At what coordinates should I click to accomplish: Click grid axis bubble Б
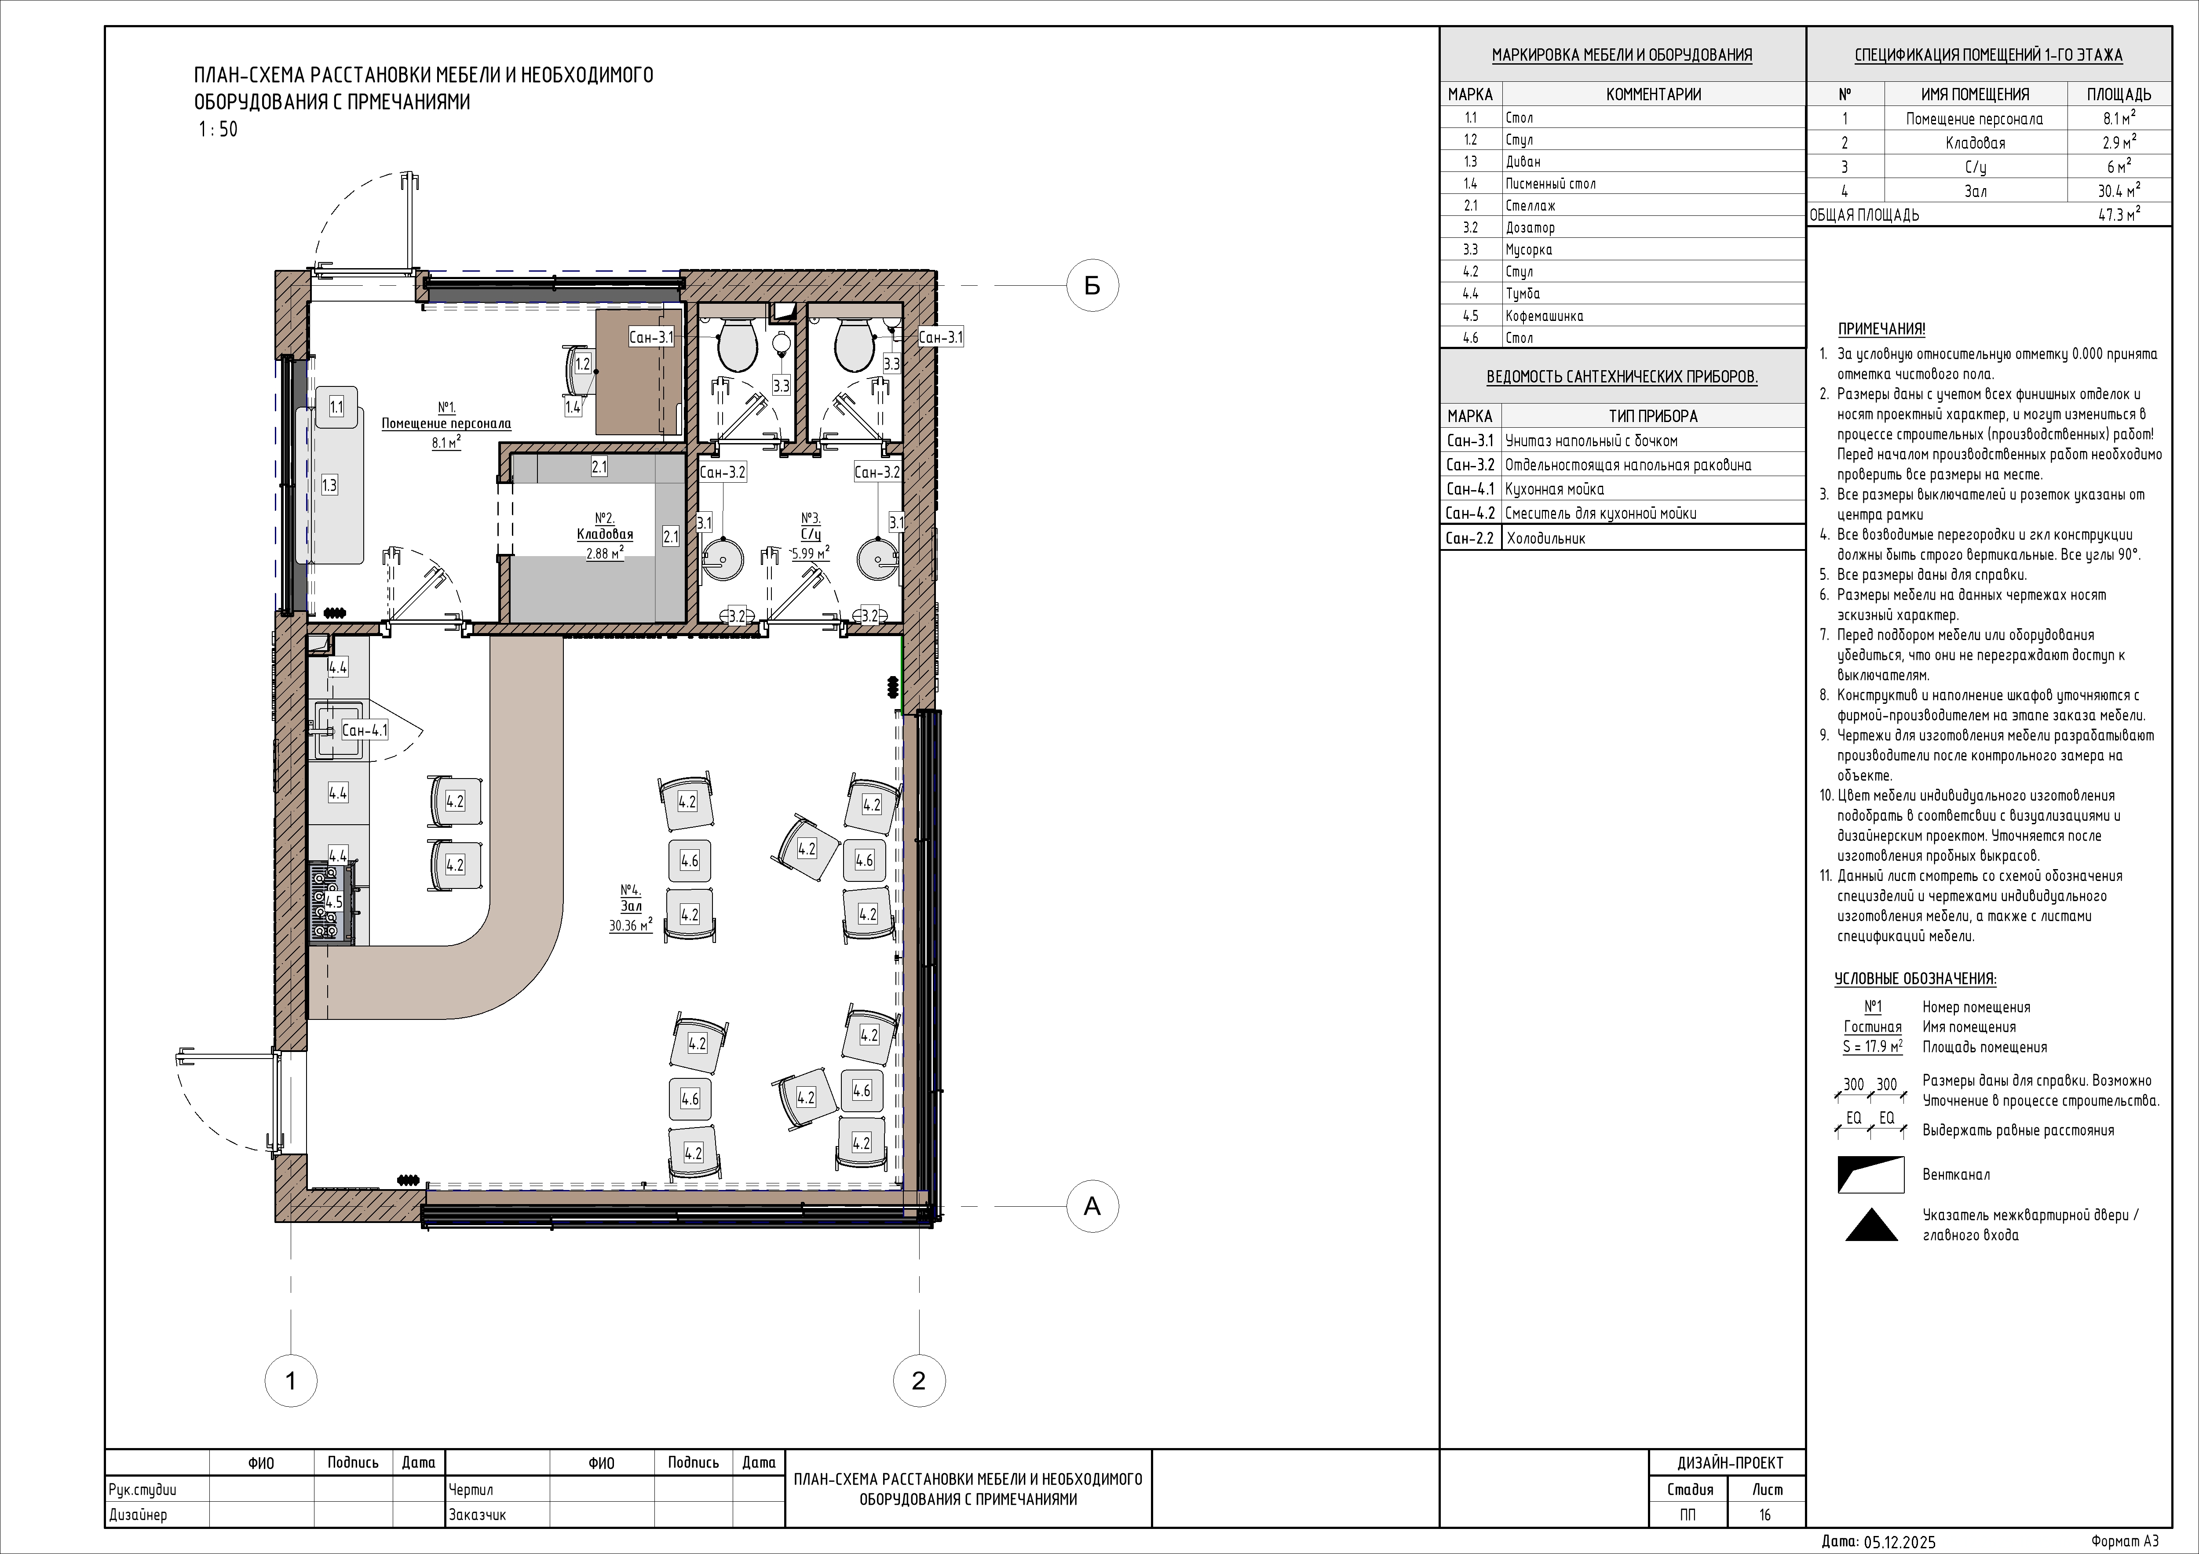[1092, 285]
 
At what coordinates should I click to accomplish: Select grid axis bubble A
[1092, 1206]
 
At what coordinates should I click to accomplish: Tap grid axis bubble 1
[290, 1381]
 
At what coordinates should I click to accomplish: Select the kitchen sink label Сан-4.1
[365, 731]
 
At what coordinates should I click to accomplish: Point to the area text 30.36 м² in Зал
[630, 925]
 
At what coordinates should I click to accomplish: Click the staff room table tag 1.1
[336, 407]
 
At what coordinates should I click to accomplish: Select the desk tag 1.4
[573, 407]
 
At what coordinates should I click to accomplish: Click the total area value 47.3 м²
[2119, 215]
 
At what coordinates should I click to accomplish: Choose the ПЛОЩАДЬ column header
[2119, 94]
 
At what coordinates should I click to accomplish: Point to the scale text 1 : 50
[217, 129]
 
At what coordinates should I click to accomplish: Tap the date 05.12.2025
[1899, 1542]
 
